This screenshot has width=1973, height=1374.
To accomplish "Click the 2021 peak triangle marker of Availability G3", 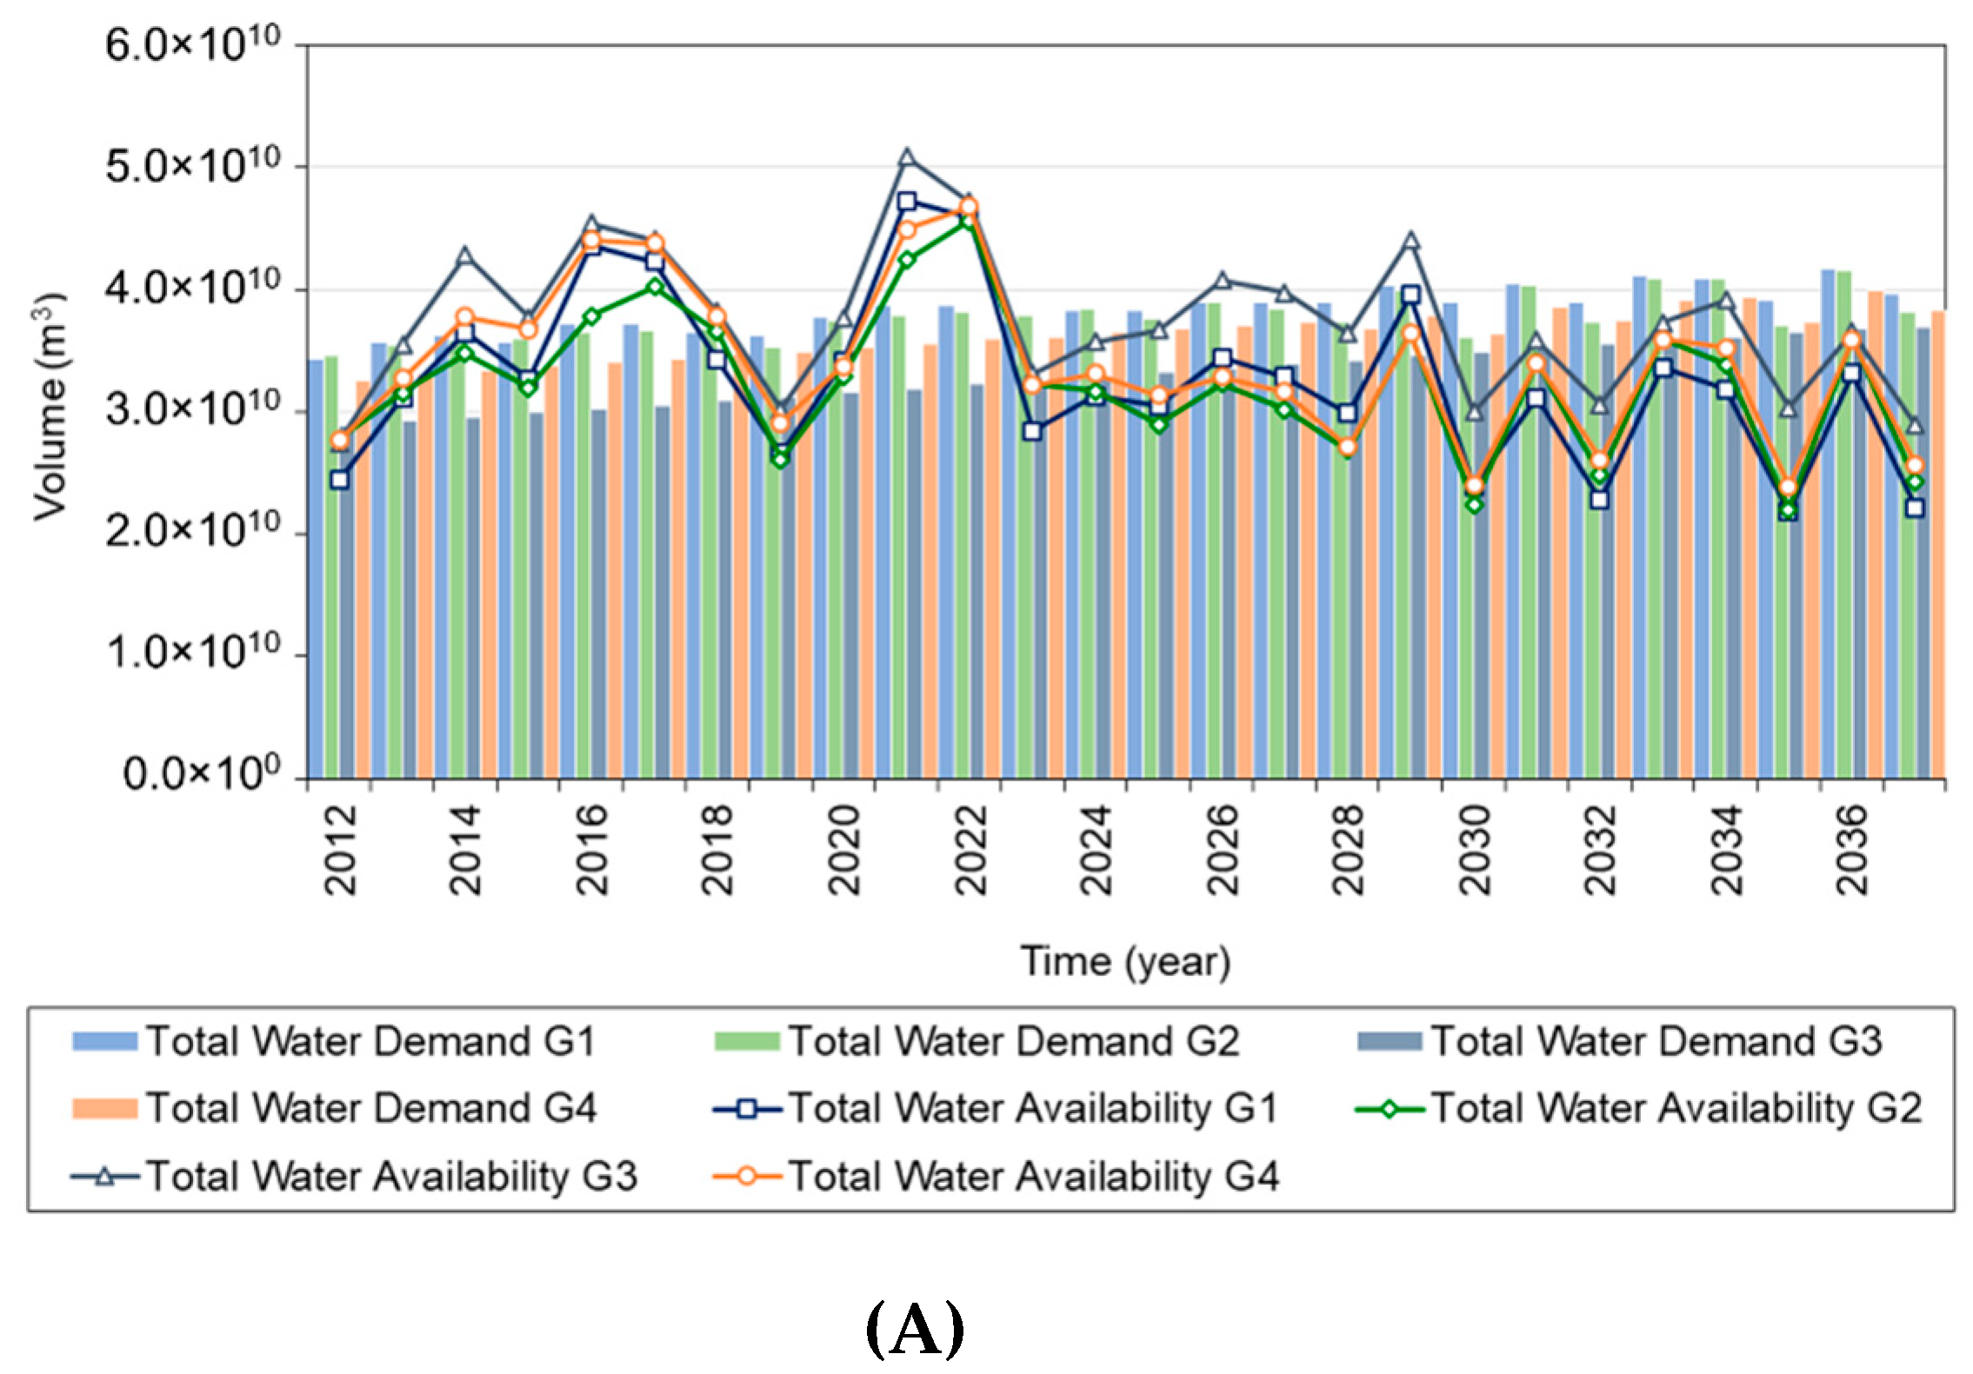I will pos(907,157).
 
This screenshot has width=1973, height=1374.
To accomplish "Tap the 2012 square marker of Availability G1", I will pos(340,480).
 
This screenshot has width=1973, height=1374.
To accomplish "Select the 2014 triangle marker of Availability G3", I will pos(465,256).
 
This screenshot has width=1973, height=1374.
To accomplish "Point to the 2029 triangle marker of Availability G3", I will pos(1411,241).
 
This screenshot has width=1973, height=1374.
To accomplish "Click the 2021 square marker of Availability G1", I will pos(907,202).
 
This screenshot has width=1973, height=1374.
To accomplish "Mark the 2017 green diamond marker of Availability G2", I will pos(656,287).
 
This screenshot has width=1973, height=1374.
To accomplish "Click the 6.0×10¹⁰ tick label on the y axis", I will pos(193,43).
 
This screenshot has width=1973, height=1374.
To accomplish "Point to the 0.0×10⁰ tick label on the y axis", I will pos(202,773).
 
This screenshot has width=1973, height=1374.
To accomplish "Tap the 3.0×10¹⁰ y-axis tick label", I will pos(193,408).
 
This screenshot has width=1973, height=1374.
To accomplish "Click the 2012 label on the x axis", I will pos(340,850).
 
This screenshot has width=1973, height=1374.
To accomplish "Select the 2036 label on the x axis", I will pos(1851,850).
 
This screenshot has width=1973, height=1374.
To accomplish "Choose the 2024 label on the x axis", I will pos(1096,850).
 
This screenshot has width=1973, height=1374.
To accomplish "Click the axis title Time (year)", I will pos(1125,962).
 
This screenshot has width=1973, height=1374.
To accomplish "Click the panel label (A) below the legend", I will pos(915,1330).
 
